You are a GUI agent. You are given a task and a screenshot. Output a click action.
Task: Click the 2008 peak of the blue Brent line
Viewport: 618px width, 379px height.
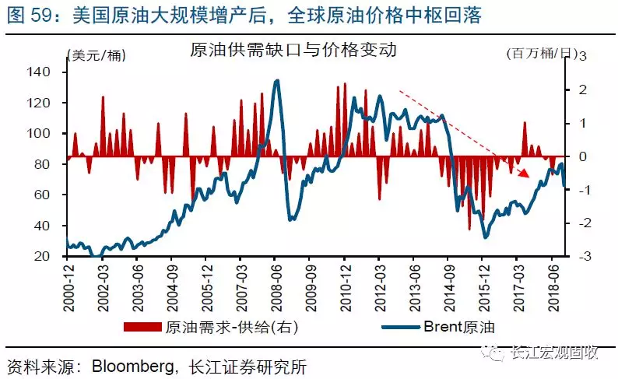(x=276, y=80)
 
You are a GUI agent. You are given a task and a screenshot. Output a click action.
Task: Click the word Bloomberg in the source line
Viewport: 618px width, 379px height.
(x=132, y=363)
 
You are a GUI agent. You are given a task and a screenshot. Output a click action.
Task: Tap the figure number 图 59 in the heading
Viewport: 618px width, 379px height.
(x=30, y=14)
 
